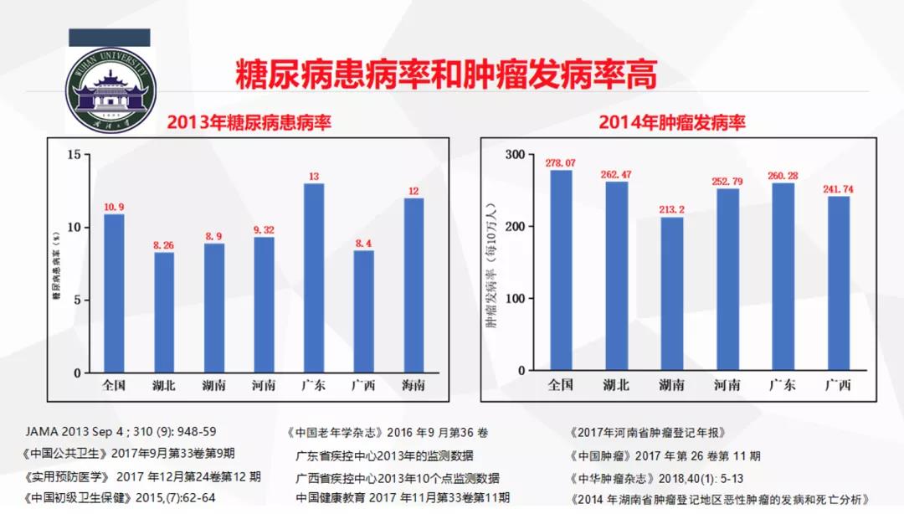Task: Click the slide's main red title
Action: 445,73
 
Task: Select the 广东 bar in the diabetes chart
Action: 314,278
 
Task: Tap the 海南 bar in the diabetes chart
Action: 413,285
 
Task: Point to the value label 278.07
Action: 560,162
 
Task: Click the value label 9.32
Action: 264,229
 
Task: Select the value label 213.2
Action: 671,209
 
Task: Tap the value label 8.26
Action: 164,245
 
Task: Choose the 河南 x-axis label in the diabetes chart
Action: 264,385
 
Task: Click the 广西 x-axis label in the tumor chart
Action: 837,385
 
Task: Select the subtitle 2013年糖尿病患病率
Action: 249,122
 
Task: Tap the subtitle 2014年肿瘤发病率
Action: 672,122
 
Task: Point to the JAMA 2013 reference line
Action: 121,432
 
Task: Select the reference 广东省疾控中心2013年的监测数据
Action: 384,455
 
